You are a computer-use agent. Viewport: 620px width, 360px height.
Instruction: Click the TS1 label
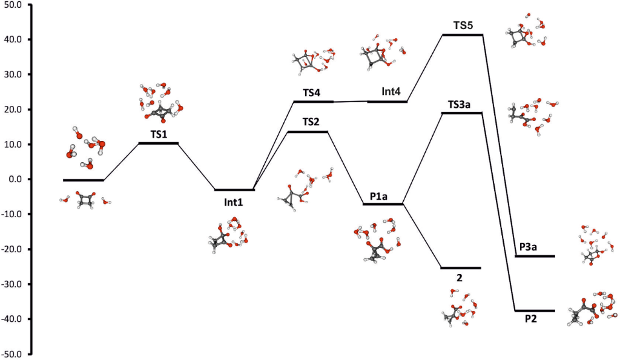158,134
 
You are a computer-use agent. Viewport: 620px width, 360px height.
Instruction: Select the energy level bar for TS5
463,35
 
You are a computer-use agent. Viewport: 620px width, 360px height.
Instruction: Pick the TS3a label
461,104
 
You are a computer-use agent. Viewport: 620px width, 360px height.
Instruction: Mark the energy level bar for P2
534,311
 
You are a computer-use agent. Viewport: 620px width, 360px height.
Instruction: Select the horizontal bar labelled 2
460,268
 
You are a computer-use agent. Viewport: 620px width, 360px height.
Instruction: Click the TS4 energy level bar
313,102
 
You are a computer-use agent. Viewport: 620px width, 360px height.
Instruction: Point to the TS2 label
311,122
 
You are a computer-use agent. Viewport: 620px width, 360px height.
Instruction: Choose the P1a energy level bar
383,205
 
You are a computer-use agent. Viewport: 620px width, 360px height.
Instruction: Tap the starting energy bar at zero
84,180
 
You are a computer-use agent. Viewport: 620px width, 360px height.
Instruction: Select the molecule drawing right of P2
593,309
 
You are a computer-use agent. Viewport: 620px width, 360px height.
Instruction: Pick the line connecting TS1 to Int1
197,167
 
